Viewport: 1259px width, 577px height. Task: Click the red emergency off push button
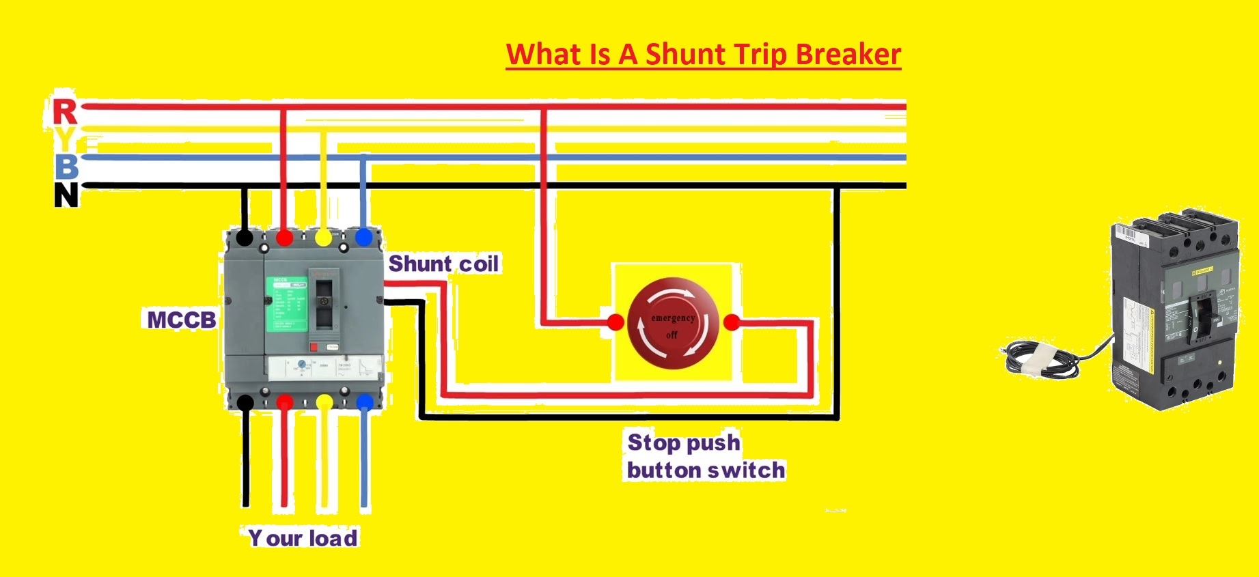click(x=672, y=322)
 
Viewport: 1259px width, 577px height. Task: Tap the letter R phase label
click(x=65, y=112)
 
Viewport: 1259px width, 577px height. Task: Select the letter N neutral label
click(x=66, y=195)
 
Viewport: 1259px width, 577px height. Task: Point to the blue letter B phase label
click(x=66, y=166)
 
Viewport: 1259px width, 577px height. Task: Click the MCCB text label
click(x=182, y=320)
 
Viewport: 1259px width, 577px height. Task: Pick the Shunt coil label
click(x=443, y=264)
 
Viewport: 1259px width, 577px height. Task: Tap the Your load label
click(x=303, y=538)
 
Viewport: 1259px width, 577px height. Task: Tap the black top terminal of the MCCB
click(x=245, y=238)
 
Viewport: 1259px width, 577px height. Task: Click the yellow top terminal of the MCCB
click(x=323, y=238)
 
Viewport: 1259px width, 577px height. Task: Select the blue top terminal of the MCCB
click(x=363, y=238)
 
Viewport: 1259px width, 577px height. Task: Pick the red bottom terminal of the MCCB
click(x=285, y=402)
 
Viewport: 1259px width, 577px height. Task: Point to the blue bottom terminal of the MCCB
click(x=365, y=402)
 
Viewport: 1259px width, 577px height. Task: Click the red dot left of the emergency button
click(x=615, y=322)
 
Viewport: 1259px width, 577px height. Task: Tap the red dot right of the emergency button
click(x=732, y=322)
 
